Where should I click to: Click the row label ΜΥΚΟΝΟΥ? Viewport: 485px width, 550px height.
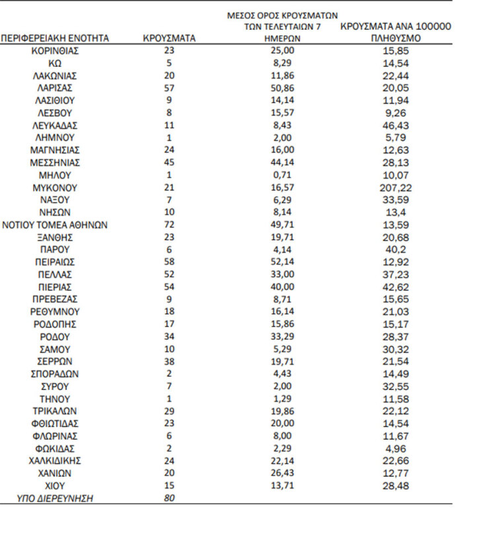[56, 187]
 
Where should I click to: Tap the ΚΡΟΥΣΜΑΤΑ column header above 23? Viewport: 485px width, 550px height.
[169, 38]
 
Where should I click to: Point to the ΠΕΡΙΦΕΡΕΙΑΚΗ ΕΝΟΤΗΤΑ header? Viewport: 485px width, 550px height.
[55, 38]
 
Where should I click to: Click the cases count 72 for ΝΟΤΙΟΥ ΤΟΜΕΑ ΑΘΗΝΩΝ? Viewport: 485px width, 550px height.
[169, 225]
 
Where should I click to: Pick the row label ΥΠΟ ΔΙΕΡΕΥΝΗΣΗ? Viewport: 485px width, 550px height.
[56, 498]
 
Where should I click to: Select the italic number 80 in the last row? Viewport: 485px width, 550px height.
[169, 498]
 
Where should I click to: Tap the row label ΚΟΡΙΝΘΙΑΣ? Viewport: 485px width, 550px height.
[56, 50]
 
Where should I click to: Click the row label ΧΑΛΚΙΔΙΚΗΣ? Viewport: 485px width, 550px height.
[56, 461]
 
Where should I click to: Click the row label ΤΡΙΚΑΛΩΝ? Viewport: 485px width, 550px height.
[56, 411]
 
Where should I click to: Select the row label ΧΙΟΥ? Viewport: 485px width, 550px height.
[56, 486]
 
